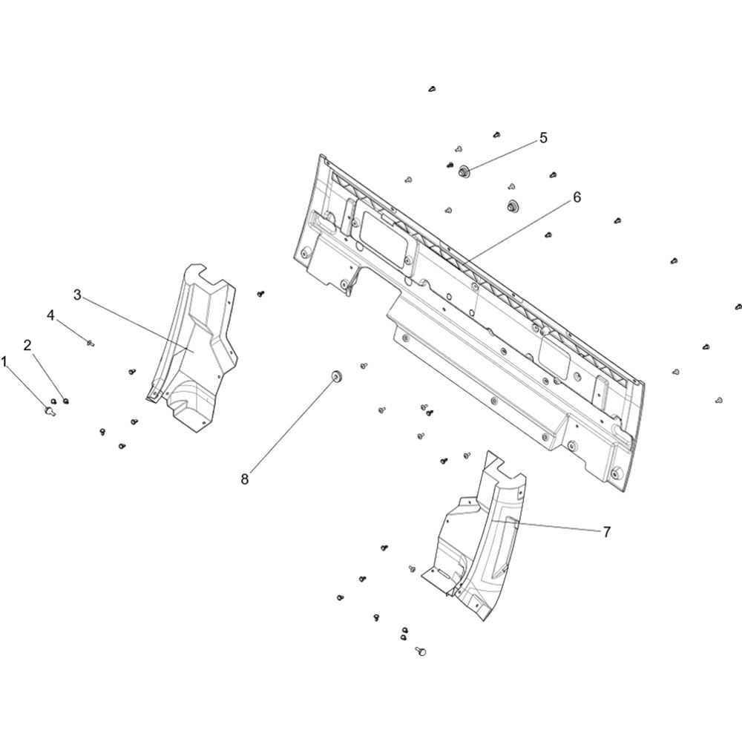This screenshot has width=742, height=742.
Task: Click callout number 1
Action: [x=4, y=363]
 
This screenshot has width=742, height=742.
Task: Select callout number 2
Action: [x=27, y=345]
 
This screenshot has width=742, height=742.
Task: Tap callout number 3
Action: [x=78, y=295]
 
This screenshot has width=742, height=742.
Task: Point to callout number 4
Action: [x=50, y=315]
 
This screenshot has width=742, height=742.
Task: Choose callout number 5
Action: [x=543, y=138]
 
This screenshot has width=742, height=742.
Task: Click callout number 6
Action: [x=577, y=197]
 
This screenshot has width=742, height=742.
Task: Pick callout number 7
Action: [x=607, y=532]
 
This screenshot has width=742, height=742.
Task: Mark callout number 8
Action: [x=245, y=479]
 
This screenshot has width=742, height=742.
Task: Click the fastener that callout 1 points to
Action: [x=49, y=411]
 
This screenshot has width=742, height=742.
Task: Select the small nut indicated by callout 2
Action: [x=66, y=401]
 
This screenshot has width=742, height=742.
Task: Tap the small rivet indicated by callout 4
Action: [x=90, y=343]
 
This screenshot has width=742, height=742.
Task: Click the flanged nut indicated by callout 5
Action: [x=463, y=171]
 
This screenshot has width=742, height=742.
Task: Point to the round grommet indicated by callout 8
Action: [x=337, y=375]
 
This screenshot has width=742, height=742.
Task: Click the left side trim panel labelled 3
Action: [x=199, y=350]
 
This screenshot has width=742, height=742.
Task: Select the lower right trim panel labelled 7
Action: [x=478, y=539]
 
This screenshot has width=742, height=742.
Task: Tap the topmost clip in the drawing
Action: [x=432, y=88]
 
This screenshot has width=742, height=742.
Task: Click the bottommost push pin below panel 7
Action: [x=421, y=651]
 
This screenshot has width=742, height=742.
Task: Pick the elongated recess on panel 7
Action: [x=505, y=549]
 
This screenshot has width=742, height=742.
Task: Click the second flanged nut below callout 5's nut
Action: [x=511, y=206]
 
